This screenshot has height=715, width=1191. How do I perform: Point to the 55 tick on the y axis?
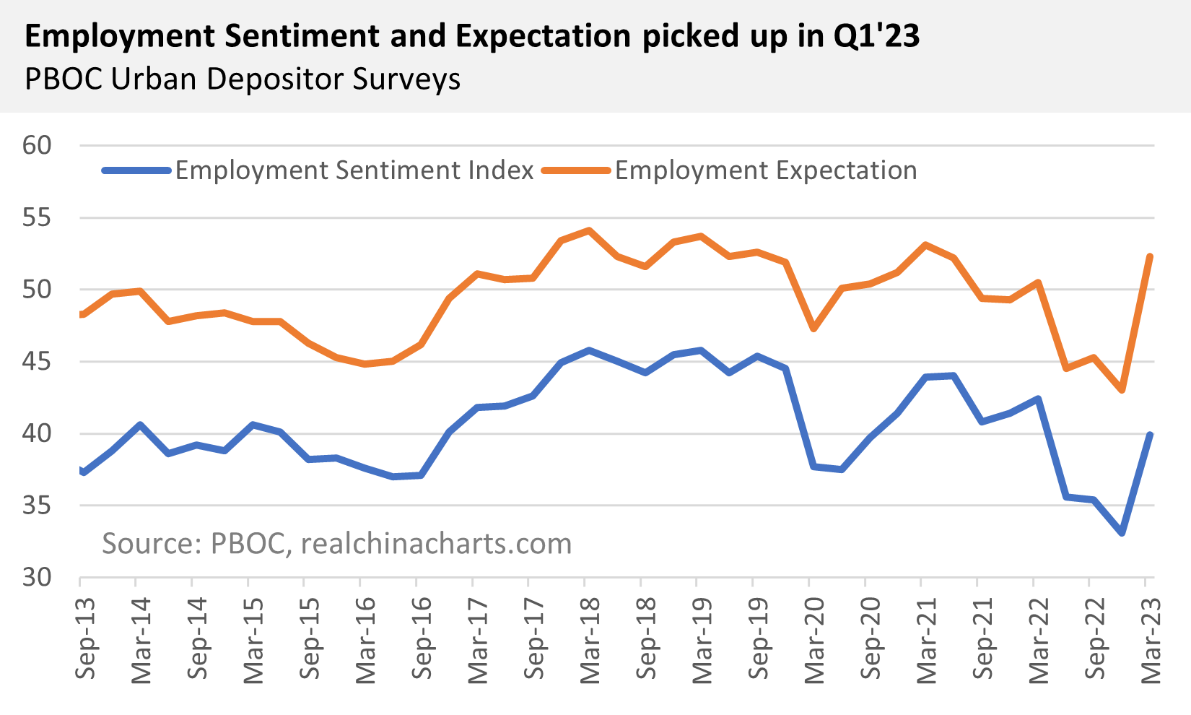[x=37, y=217]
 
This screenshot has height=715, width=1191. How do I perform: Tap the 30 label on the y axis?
[x=37, y=578]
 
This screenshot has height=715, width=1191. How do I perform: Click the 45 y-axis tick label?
[x=37, y=361]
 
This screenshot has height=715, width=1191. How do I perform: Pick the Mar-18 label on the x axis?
[x=589, y=640]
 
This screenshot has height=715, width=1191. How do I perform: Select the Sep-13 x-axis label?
[x=85, y=640]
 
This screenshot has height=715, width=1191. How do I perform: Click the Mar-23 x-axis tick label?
[x=1150, y=640]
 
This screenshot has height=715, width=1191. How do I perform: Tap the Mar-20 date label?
[x=813, y=640]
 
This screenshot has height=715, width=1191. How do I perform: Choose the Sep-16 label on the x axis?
[x=421, y=640]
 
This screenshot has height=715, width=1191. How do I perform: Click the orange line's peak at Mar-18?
[x=589, y=230]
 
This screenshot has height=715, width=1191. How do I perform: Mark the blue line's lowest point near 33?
[x=1122, y=533]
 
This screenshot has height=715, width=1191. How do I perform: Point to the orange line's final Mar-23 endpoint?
[x=1149, y=256]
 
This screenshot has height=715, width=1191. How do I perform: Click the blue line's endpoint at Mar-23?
[x=1149, y=435]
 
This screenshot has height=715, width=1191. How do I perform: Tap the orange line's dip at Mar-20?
[x=813, y=329]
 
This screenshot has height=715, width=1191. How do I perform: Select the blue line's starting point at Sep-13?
[x=82, y=472]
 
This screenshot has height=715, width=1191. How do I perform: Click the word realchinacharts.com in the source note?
[x=436, y=544]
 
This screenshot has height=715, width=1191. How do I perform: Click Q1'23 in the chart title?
[x=876, y=36]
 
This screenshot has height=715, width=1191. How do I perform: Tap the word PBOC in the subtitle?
[x=64, y=79]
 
